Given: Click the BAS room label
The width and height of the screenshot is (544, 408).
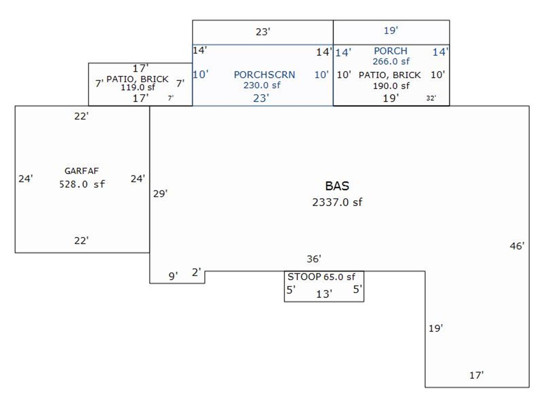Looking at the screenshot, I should click(x=337, y=186).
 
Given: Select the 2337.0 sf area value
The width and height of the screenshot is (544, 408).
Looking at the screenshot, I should click(x=337, y=202).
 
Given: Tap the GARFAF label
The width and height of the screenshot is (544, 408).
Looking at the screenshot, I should click(x=81, y=171).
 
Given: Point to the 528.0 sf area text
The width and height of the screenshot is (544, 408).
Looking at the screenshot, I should click(x=82, y=184).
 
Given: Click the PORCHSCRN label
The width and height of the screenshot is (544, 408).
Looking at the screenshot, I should click(x=264, y=75).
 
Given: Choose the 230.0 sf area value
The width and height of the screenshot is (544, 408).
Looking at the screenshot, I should click(x=262, y=85).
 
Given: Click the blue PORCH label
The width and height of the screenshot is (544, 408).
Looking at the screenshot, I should click(x=391, y=51).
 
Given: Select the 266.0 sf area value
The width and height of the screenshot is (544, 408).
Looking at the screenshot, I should click(x=391, y=61).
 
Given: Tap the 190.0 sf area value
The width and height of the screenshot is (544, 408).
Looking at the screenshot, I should click(x=391, y=86).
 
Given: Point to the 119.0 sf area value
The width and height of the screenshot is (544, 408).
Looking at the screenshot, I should click(x=138, y=87).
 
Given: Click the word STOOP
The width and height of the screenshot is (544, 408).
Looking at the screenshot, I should click(x=304, y=277).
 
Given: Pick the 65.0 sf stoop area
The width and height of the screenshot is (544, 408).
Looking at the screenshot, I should click(x=339, y=277).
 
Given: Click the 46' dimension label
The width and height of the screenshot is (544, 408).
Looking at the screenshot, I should click(x=517, y=246).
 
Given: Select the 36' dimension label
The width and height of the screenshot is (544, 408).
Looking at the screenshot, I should click(x=314, y=259).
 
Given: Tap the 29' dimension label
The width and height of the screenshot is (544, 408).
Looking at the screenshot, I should click(x=160, y=194).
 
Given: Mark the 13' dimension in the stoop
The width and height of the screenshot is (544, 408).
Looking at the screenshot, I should click(x=324, y=294).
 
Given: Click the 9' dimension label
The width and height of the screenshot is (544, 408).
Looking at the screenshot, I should click(x=173, y=277).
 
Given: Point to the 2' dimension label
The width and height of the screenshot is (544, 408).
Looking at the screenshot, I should click(x=196, y=272).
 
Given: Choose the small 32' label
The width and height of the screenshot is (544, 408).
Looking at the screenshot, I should click(x=431, y=98).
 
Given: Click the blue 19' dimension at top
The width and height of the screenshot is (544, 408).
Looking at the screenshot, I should click(x=391, y=31).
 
